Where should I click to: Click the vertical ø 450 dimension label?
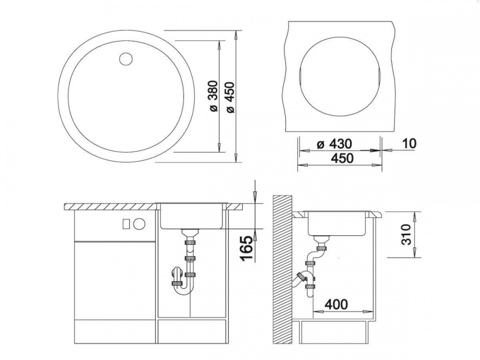pos(229,97)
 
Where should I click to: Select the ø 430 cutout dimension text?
pos(335,144)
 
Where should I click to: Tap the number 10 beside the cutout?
pos(409,143)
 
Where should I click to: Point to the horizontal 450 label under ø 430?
pos(342,158)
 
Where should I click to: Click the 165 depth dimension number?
pos(247,248)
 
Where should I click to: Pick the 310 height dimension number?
pos(406,234)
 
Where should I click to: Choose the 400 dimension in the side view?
pos(336,304)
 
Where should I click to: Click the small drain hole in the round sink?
pos(126,59)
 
